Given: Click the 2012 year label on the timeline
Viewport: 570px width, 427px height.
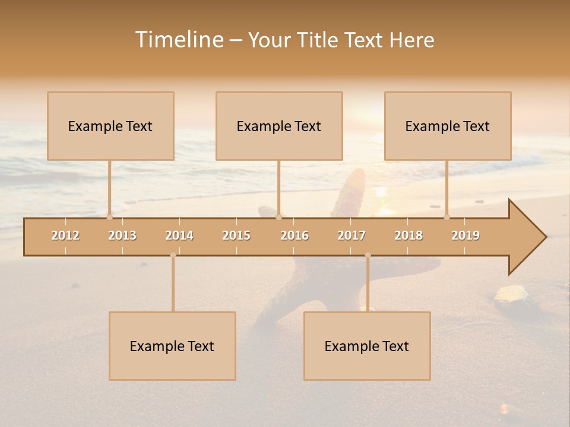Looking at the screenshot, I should coord(65,235).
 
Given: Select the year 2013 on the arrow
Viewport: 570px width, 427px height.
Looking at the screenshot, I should coord(122,235).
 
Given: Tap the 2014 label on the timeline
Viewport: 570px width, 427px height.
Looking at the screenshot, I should coord(179,235).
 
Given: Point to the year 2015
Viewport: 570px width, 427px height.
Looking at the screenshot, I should coord(236,235).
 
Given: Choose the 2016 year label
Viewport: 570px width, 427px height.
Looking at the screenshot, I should coord(294,235).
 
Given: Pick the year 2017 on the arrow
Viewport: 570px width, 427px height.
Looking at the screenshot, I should coord(351,235).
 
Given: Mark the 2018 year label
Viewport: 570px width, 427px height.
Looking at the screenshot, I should coord(408,235).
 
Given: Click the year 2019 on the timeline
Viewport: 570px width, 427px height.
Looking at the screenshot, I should coord(465,235).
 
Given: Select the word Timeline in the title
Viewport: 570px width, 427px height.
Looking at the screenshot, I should coord(178,40).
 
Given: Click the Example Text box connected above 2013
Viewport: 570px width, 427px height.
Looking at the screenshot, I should coord(110,126).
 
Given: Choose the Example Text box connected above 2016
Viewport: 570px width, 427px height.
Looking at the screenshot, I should coord(279,126).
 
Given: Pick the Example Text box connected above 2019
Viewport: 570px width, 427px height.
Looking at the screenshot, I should coord(448,126).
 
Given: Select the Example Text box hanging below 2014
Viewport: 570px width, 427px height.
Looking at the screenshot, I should coord(172,346).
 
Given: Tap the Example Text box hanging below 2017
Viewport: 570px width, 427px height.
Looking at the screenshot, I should coord(367,346).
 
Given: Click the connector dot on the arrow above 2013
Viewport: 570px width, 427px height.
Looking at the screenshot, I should coord(109,217).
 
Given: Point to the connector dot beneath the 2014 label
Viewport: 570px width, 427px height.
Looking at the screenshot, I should coord(173,255).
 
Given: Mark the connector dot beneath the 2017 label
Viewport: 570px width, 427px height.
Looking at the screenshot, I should coord(368,255).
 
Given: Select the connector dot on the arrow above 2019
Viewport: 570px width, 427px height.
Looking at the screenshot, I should coord(446,217).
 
